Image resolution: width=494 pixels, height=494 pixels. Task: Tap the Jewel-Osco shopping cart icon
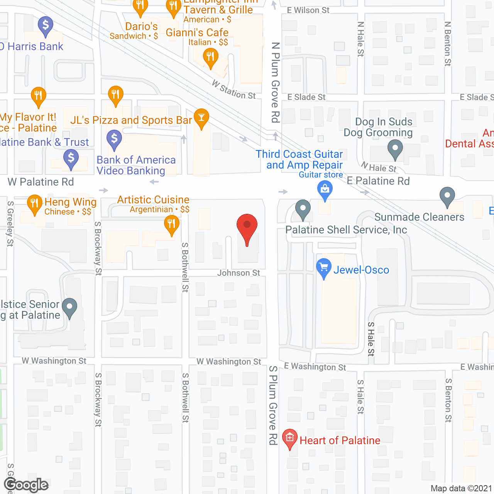[323, 267]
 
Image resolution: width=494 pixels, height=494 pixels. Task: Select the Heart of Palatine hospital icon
[289, 438]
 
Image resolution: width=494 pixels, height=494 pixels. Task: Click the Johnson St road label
[239, 273]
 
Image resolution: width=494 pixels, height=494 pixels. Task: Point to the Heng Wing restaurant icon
[34, 203]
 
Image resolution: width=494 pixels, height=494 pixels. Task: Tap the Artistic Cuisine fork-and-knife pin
[171, 223]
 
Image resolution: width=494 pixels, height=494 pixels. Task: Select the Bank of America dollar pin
[114, 138]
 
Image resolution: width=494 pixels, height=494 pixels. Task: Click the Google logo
[26, 485]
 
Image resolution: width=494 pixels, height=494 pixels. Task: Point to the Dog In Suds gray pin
[395, 148]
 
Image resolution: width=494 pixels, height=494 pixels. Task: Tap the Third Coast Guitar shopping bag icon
[325, 189]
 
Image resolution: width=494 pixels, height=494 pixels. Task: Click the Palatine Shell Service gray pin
[303, 208]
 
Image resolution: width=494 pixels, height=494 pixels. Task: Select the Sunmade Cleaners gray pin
[447, 196]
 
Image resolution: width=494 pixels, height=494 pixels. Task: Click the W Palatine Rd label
[41, 182]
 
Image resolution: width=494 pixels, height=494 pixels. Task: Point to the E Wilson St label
[308, 10]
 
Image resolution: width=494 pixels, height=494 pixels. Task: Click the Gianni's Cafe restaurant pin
[210, 58]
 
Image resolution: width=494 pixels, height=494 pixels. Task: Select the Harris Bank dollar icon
[46, 25]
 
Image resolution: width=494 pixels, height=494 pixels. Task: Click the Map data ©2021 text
[461, 489]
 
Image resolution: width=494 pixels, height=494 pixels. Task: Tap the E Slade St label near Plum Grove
[306, 97]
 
